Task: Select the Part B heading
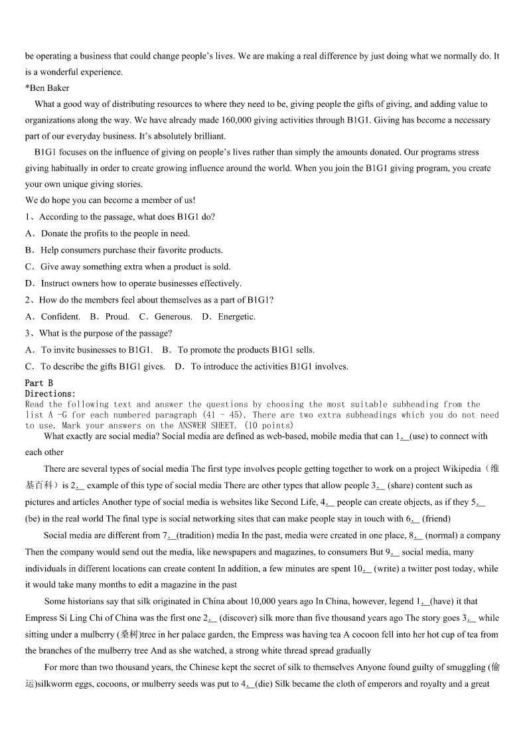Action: tap(39, 383)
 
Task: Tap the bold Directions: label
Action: tap(50, 393)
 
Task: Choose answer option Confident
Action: tap(60, 316)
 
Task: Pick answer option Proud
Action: tap(117, 316)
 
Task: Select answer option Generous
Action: tap(173, 316)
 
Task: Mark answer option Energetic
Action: tap(236, 316)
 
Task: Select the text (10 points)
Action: tap(269, 425)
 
